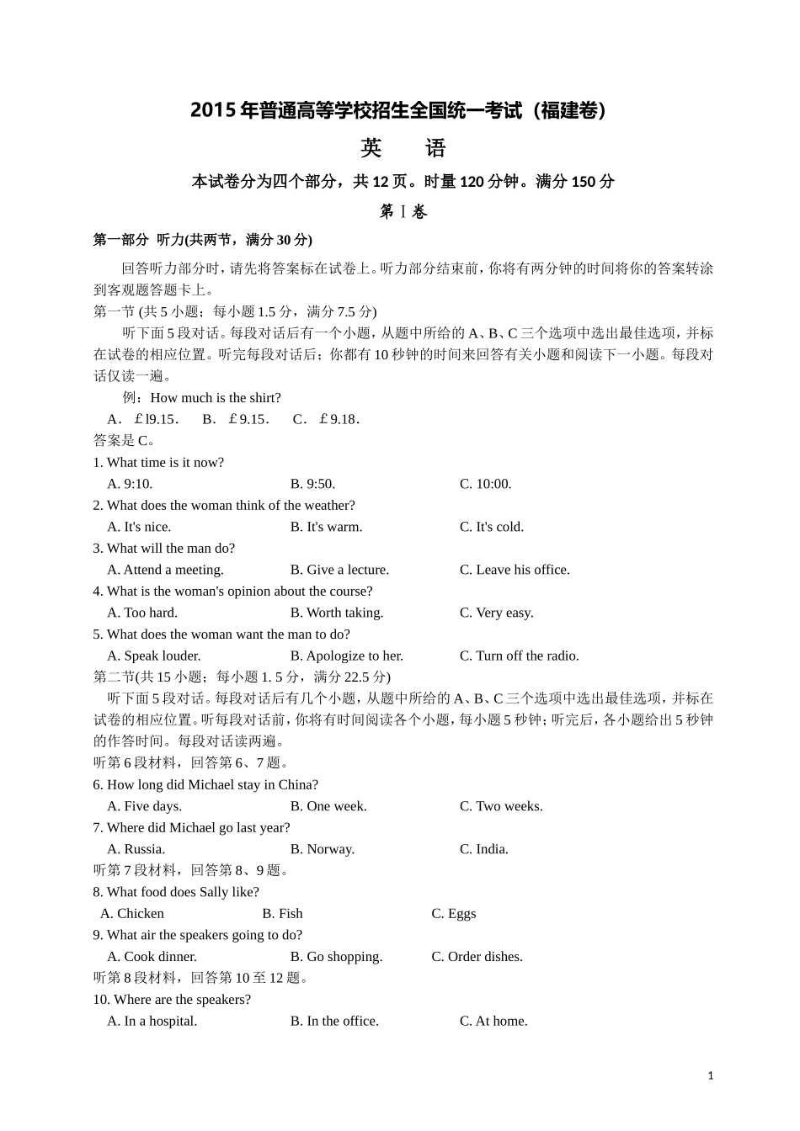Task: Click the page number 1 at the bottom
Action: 711,1075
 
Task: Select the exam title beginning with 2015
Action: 399,111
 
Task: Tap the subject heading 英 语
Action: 403,149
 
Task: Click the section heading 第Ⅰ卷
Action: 403,212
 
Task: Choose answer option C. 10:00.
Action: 485,484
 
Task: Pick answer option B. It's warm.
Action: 326,527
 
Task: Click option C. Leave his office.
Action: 515,570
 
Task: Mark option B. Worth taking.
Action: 337,613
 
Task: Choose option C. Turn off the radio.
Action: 519,656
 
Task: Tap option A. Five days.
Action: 144,806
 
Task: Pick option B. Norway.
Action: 323,849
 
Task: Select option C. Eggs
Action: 454,913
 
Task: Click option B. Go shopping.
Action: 336,957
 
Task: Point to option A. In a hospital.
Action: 152,1021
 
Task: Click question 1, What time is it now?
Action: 158,463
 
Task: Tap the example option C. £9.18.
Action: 327,419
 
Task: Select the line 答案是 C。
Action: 123,440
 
